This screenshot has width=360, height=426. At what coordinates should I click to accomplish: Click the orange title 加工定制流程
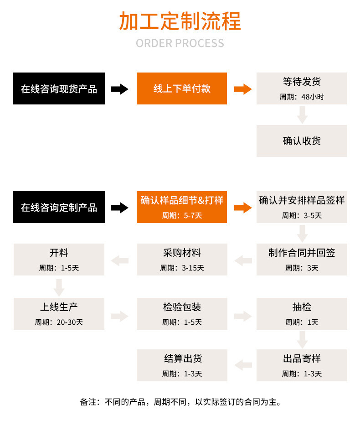180,21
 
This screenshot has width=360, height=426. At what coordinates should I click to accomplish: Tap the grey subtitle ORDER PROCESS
180,43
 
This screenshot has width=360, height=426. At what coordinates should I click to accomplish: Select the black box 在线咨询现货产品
59,89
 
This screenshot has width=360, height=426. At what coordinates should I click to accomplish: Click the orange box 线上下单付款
182,89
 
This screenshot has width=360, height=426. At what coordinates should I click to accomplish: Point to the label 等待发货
302,82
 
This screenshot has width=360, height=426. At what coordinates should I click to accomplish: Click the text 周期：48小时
302,97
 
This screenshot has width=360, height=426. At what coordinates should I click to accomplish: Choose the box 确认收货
302,141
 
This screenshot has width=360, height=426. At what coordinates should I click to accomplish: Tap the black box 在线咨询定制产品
59,208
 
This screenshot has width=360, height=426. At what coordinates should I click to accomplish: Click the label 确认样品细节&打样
182,200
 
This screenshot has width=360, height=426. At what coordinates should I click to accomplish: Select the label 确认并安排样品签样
302,200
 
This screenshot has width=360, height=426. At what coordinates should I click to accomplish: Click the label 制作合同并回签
302,253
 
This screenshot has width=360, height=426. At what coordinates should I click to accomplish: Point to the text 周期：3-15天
182,268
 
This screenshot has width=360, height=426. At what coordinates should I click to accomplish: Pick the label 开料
59,253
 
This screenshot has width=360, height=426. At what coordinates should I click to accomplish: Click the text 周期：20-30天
59,322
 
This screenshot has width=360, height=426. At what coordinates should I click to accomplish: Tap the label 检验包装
182,307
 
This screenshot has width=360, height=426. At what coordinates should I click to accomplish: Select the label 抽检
302,307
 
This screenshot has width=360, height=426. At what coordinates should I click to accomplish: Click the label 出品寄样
302,359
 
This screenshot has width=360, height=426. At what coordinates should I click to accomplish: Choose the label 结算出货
182,359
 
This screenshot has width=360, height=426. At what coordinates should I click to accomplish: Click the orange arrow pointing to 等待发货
242,89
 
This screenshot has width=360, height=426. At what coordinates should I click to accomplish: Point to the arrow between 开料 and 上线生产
59,287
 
